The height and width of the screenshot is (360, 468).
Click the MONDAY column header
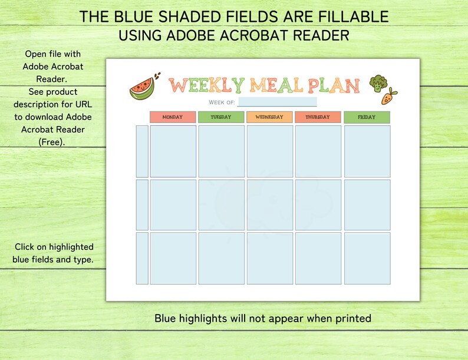172,117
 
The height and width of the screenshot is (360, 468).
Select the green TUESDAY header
221,117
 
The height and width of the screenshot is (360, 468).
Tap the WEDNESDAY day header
269,117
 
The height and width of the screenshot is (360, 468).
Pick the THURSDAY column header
318,117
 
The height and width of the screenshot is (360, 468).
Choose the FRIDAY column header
367,117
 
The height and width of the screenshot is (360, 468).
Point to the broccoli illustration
377,83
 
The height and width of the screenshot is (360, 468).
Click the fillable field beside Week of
277,103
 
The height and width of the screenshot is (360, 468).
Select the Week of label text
222,103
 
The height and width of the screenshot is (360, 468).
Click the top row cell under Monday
173,151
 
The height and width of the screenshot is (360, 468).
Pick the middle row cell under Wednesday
269,204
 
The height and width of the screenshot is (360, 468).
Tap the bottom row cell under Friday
367,258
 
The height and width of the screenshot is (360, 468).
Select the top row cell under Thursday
318,151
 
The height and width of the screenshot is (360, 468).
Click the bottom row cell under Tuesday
221,258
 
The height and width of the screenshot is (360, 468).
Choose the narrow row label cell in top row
142,151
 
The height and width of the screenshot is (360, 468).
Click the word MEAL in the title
275,86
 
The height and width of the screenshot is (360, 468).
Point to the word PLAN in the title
332,86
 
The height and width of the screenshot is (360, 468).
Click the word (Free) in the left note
53,142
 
